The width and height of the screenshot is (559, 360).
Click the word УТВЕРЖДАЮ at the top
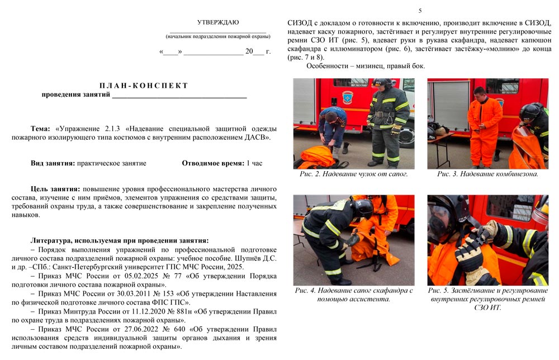[x=217, y=22]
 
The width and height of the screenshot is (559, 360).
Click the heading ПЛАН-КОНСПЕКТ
[x=144, y=86]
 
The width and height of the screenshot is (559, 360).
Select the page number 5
[x=420, y=11]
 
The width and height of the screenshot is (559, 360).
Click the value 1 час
[x=254, y=163]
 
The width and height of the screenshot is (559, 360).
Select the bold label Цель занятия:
[x=55, y=189]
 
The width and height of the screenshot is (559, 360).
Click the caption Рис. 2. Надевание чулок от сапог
[x=353, y=174]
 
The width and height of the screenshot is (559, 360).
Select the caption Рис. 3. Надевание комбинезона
[x=487, y=174]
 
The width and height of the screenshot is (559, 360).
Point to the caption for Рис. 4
[x=353, y=295]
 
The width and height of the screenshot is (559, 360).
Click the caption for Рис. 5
[x=487, y=299]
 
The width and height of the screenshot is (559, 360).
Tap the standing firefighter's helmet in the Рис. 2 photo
[x=382, y=83]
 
